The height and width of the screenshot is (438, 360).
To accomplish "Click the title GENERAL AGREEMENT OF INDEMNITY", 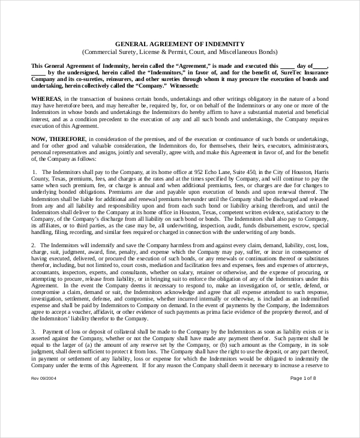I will [179, 44].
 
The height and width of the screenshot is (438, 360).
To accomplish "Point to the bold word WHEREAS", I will [44, 98].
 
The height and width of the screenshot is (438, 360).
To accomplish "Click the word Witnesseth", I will [187, 85].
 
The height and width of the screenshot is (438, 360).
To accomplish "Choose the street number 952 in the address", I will [192, 172].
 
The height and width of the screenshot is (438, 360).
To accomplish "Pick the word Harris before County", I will [319, 172].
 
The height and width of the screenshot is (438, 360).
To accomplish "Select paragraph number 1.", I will [34, 172].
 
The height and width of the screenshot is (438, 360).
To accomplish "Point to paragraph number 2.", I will [33, 245].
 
